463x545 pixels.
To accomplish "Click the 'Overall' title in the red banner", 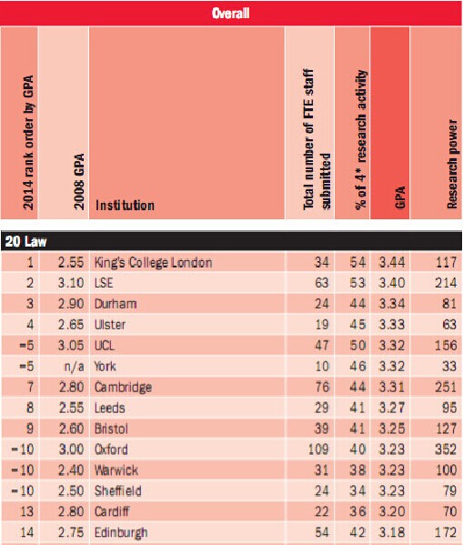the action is (230, 14).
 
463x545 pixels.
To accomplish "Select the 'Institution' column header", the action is (125, 205).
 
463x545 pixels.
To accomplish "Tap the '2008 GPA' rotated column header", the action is (80, 181).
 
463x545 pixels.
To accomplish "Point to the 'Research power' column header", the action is (452, 164).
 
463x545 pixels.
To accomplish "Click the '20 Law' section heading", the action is (25, 241).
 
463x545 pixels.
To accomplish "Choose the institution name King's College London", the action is (153, 262).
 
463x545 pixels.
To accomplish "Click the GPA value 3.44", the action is (392, 262).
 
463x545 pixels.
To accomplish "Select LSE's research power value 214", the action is (446, 283).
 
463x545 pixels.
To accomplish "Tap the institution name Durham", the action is (116, 304).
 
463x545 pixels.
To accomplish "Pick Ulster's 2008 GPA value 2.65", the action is (71, 325).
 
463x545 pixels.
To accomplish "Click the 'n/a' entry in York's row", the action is (74, 367).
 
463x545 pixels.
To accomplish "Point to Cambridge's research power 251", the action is (446, 387).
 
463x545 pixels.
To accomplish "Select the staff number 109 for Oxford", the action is (318, 449).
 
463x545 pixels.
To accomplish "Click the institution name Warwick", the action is (116, 469).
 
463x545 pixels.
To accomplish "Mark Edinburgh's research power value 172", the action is (446, 532).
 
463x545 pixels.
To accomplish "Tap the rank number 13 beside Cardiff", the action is (27, 511).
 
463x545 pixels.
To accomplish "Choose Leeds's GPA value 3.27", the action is (392, 408).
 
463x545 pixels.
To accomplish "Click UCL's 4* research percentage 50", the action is (357, 345).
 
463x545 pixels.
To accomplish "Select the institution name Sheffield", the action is (118, 490).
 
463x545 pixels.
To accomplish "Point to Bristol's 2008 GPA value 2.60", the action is (71, 429).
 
